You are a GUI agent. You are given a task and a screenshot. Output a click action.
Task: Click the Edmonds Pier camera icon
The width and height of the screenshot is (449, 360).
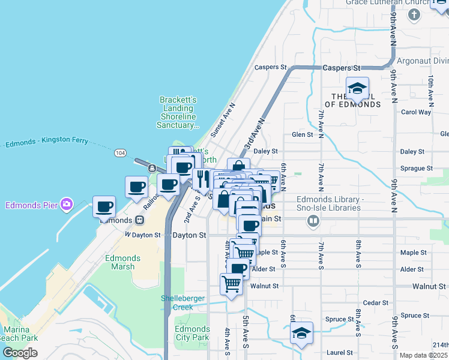point(66,205)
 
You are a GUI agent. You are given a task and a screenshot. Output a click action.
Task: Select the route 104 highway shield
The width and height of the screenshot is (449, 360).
point(120,153)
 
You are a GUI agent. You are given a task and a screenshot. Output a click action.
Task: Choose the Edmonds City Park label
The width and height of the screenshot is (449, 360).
point(192,333)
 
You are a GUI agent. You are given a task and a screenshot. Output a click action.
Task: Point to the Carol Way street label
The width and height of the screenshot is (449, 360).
point(416,112)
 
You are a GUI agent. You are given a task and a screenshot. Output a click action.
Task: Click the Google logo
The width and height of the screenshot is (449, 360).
point(20,352)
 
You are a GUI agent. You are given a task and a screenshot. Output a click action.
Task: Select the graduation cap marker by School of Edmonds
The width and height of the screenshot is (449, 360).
point(357,89)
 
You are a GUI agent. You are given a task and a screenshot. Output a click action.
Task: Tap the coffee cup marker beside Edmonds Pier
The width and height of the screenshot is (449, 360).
point(104,207)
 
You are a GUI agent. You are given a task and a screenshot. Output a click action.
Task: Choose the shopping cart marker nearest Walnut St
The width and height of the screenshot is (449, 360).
point(231,284)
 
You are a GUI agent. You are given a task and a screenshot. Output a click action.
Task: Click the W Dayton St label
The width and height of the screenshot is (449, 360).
point(143,235)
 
